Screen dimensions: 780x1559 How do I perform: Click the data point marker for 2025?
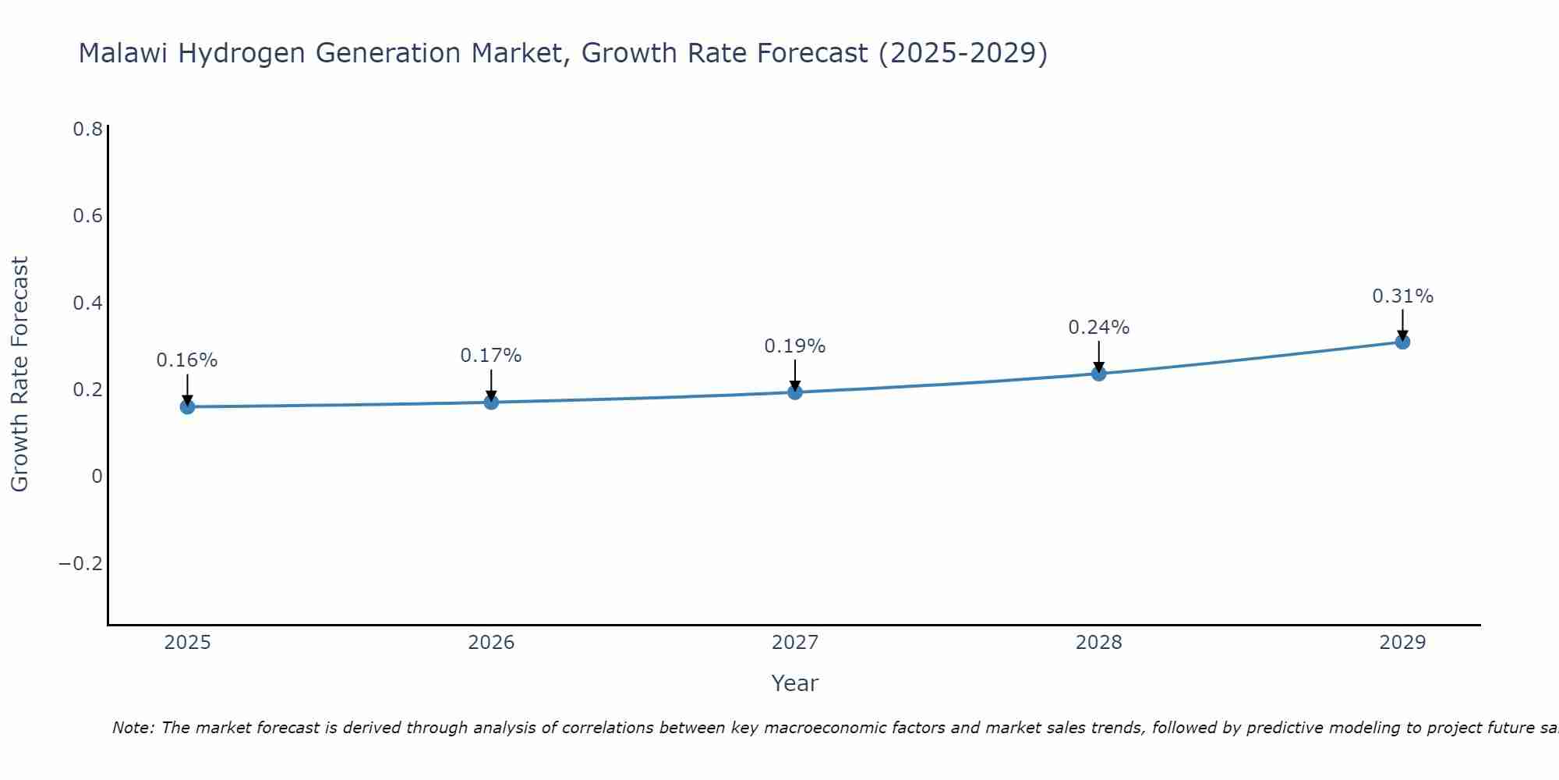[x=187, y=406]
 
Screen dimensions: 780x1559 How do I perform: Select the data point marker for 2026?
[x=491, y=402]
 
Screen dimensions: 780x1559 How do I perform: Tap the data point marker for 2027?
[x=795, y=392]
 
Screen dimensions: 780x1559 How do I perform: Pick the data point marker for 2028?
[x=1098, y=373]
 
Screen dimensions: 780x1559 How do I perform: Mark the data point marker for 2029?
[x=1402, y=342]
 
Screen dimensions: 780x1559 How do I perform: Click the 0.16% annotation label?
[x=187, y=360]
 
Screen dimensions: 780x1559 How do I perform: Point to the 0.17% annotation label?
[x=491, y=356]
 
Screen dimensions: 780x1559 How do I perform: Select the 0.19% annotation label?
[x=795, y=346]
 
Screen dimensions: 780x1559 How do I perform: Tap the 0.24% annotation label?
[x=1098, y=328]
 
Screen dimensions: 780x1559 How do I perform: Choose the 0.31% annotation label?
[x=1402, y=296]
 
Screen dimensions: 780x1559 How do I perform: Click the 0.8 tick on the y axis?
[x=88, y=129]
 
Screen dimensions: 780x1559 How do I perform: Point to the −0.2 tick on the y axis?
[x=81, y=564]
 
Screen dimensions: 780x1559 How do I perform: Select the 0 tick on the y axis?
[x=97, y=477]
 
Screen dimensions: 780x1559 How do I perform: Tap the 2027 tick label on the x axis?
[x=795, y=643]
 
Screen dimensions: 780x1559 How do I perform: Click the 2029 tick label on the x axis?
[x=1402, y=643]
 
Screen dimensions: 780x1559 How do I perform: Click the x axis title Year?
[x=794, y=684]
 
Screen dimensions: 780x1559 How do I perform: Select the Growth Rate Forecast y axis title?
[x=19, y=374]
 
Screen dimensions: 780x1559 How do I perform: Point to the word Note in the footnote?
[x=133, y=728]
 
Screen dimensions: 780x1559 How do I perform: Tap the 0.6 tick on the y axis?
[x=88, y=216]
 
